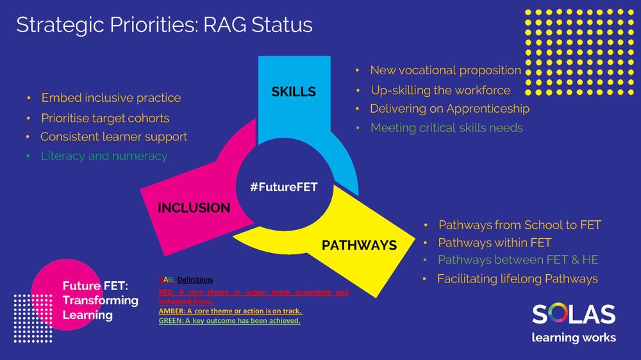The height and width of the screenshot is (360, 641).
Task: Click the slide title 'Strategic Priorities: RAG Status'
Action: pos(164,25)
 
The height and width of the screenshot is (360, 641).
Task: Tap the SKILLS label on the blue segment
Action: pos(294,92)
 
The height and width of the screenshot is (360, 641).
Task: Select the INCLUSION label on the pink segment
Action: pos(194,208)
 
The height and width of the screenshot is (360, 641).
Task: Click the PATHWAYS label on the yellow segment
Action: pos(359,245)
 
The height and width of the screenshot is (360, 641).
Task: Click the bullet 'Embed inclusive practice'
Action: pos(111,98)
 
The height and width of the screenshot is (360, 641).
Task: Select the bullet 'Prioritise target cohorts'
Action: pos(105,118)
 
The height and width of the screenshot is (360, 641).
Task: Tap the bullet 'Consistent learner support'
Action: pos(113,137)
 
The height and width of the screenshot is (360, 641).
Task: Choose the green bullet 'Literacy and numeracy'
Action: pos(104,156)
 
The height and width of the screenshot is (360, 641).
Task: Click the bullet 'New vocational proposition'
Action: pos(445,70)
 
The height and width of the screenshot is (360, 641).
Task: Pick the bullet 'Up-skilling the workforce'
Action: pos(440,90)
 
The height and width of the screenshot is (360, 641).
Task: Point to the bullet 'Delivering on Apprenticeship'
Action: pos(449,109)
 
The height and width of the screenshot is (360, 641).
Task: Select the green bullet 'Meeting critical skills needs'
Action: pos(446,128)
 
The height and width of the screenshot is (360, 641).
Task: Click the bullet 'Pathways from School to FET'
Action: pos(519,225)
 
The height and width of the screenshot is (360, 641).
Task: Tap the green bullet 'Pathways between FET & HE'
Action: pos(518,260)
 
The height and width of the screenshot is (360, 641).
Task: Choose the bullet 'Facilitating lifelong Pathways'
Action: pos(517,279)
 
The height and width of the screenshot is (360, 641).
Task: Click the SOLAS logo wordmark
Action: pos(573,315)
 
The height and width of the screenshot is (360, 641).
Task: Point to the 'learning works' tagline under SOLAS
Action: pos(573,338)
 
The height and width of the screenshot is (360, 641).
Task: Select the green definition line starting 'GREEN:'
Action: pos(229,321)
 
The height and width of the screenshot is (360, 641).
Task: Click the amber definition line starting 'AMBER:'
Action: pos(230,311)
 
